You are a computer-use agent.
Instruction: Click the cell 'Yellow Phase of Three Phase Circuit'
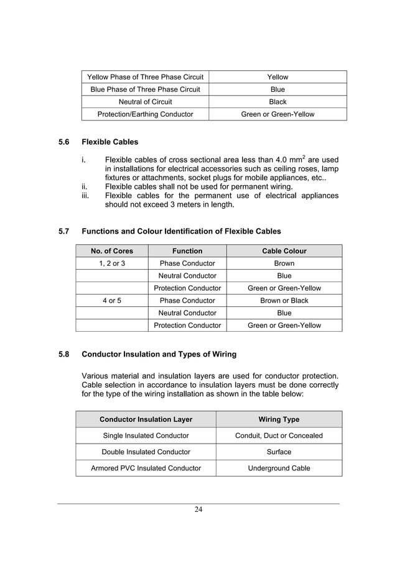(x=145, y=77)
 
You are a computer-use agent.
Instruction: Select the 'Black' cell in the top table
(x=278, y=102)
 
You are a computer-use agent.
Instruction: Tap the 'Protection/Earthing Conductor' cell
(x=145, y=114)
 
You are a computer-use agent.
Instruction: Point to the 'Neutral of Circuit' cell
(x=145, y=102)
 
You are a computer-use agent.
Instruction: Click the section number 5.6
(x=63, y=142)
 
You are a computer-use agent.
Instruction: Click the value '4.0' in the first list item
(x=283, y=160)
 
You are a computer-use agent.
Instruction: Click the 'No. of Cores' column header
(x=112, y=251)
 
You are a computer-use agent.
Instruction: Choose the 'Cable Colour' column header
(x=284, y=251)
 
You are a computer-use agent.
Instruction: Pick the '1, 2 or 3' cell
(x=112, y=263)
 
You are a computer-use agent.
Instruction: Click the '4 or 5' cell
(x=112, y=301)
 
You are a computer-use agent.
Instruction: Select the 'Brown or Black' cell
(x=284, y=301)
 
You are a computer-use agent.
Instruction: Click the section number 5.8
(x=63, y=355)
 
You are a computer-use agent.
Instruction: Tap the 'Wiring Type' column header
(x=278, y=419)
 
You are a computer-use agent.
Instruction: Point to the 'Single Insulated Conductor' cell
(x=146, y=436)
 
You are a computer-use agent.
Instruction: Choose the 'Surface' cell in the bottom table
(x=278, y=452)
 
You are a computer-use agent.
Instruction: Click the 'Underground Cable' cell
(x=278, y=468)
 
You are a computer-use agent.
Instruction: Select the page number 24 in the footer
(x=198, y=510)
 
